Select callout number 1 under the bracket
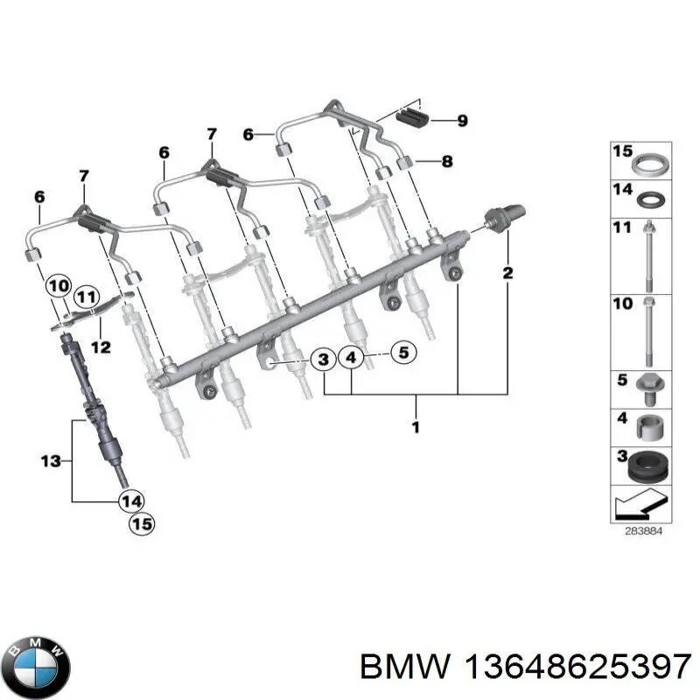point(416,427)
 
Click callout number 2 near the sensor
point(507,275)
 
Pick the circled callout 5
point(402,354)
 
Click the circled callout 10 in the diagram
point(59,285)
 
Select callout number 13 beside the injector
point(51,459)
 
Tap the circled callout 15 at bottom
point(140,525)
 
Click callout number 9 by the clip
point(462,121)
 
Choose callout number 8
point(446,161)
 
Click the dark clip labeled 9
point(413,118)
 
